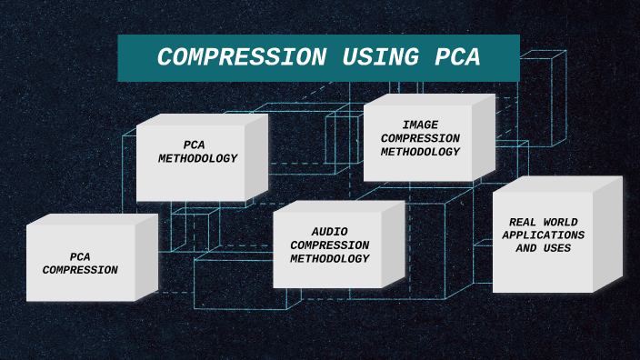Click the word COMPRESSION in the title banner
(241, 57)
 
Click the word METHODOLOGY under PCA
(197, 158)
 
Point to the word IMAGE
(420, 125)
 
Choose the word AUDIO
(329, 232)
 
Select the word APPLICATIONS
(544, 235)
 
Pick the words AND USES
(544, 248)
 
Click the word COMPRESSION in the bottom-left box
(80, 270)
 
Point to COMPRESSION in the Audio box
(329, 245)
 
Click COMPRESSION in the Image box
(420, 138)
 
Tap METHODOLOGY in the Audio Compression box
(329, 258)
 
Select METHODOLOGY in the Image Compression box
(420, 152)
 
